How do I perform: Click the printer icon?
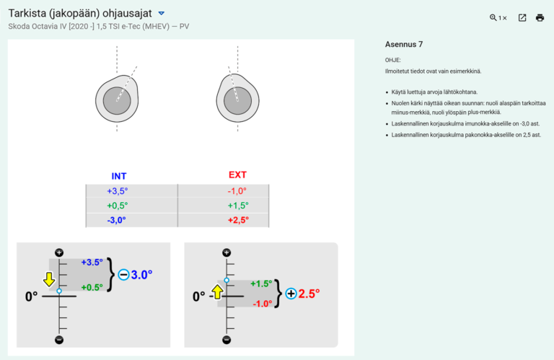coord(540,18)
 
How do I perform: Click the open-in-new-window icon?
coord(522,18)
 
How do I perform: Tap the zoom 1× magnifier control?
coord(498,18)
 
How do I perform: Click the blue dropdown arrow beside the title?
coord(162,13)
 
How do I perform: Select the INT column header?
coord(119,176)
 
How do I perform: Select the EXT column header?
coord(237,175)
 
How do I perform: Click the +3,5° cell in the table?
coord(117,191)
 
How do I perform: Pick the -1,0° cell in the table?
coord(237,191)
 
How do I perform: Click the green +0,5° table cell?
coord(117,206)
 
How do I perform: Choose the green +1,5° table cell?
coord(237,206)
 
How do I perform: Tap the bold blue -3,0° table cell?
coord(117,220)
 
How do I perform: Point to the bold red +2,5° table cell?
coord(237,220)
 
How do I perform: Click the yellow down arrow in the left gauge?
coord(48,279)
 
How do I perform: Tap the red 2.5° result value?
coord(308,294)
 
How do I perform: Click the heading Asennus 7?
coord(404,45)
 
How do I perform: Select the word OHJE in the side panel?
coord(393,61)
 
